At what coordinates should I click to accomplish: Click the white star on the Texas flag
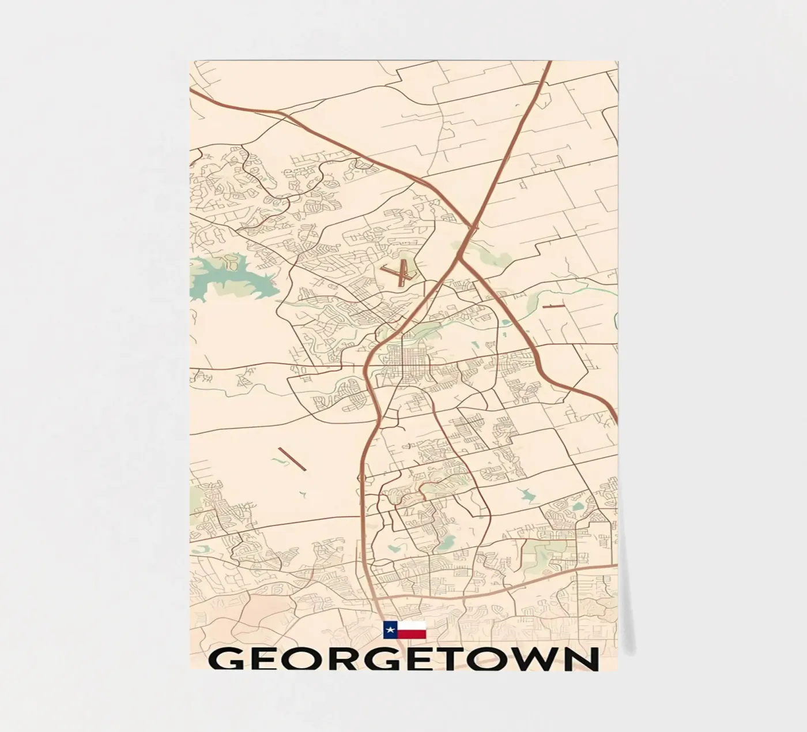pyautogui.click(x=390, y=630)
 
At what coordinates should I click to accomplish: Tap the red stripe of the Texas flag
pyautogui.click(x=412, y=635)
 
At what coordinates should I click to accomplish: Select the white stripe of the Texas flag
pyautogui.click(x=412, y=626)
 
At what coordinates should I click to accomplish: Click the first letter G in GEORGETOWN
pyautogui.click(x=225, y=659)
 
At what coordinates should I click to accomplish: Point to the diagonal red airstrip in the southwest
pyautogui.click(x=292, y=459)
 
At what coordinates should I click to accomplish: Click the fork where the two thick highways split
pyautogui.click(x=459, y=258)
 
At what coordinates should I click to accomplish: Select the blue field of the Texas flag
pyautogui.click(x=390, y=630)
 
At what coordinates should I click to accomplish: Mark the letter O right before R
pyautogui.click(x=300, y=659)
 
